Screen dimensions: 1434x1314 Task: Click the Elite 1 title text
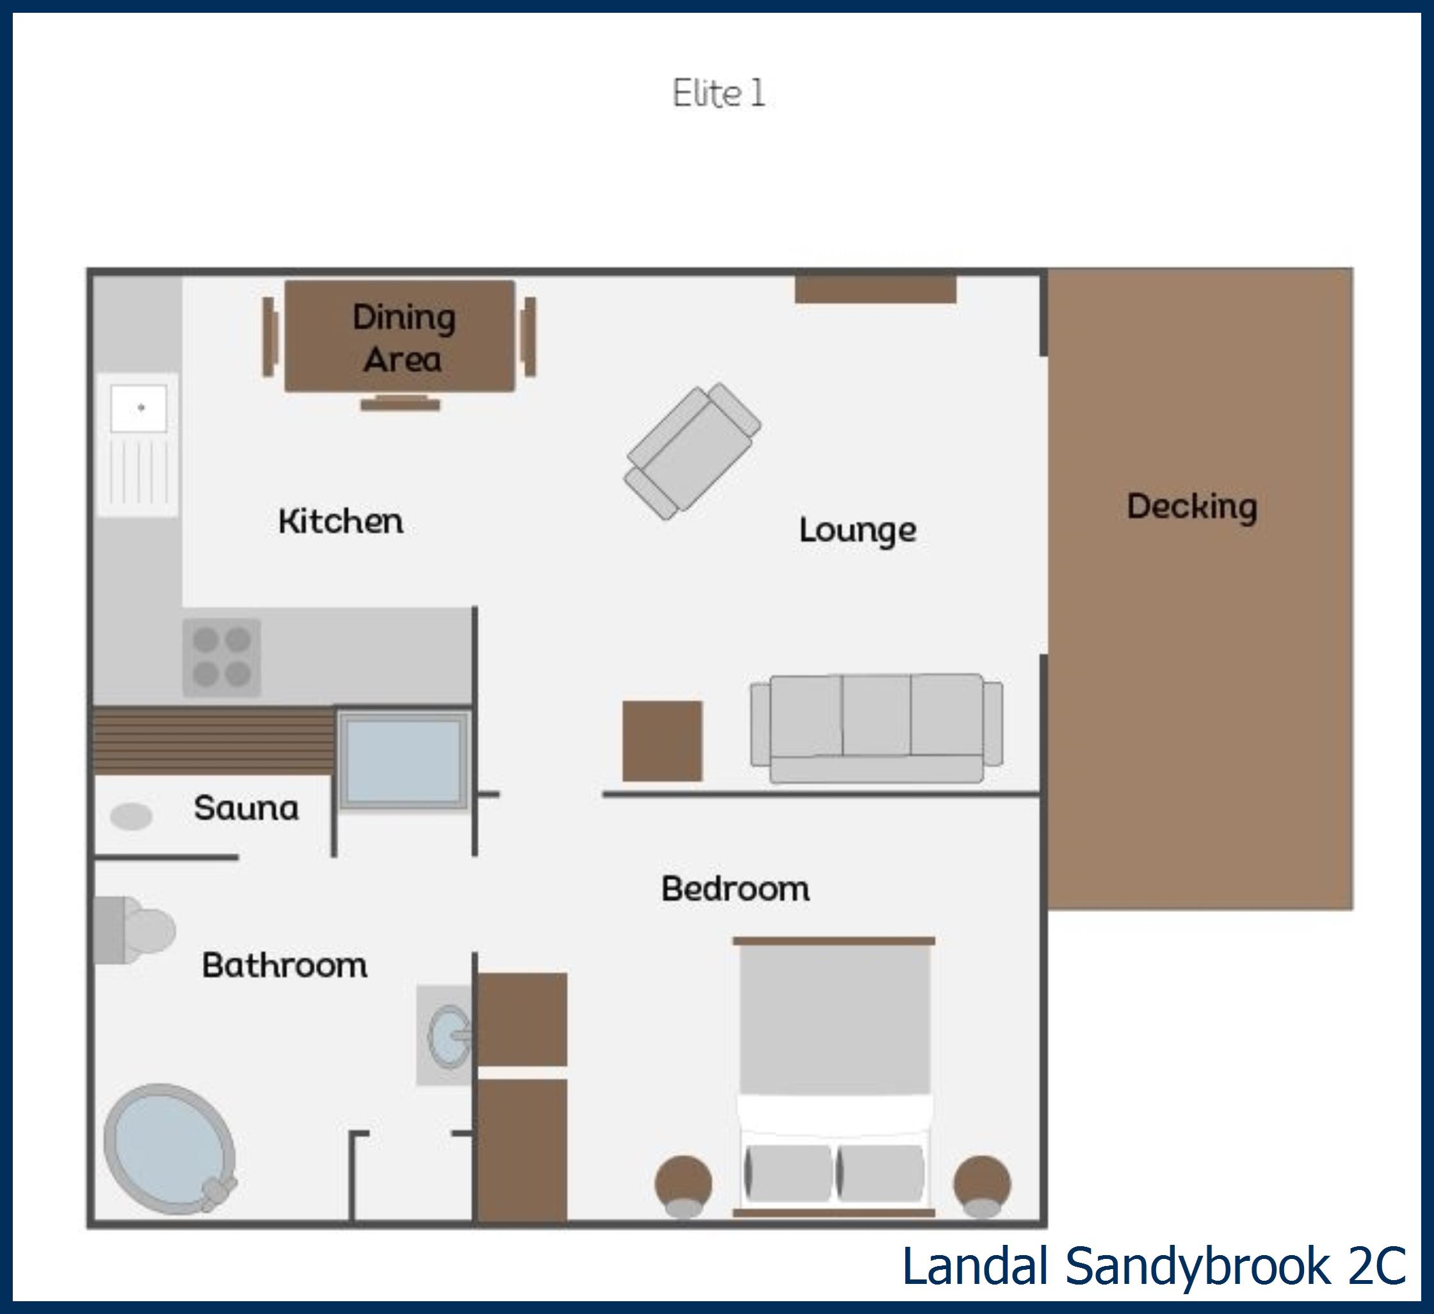[x=718, y=93]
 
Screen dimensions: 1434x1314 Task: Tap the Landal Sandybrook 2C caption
[x=1154, y=1267]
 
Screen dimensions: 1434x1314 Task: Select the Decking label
[x=1192, y=507]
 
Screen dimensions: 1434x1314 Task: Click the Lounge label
[x=858, y=530]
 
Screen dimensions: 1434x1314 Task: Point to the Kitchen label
[x=341, y=521]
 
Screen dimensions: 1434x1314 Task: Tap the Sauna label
[x=246, y=808]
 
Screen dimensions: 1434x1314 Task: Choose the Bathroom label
[x=284, y=965]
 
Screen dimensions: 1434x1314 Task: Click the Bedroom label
[x=736, y=889]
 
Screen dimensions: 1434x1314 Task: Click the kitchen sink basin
[x=140, y=408]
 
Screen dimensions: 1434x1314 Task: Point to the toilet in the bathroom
[x=135, y=930]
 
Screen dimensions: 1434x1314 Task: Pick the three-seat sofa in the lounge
[x=876, y=728]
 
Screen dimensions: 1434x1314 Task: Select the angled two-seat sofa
[x=692, y=451]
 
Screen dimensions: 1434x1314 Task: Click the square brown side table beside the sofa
[x=662, y=741]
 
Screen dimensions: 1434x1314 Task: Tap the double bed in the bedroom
[x=834, y=1077]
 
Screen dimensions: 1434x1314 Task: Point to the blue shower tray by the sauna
[x=403, y=761]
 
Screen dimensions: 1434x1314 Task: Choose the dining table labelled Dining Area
[x=399, y=336]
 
